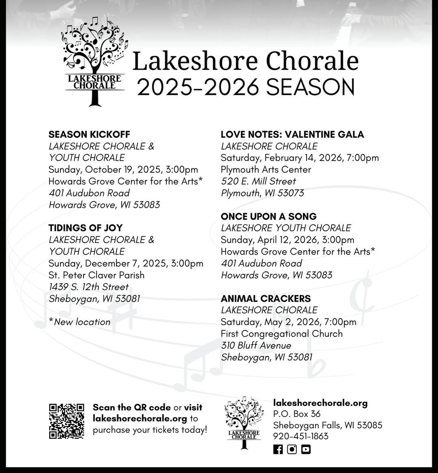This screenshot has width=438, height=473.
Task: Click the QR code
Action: coord(67,421)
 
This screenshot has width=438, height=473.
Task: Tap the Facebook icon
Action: coord(278,449)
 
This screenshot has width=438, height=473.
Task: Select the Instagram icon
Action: coord(292,449)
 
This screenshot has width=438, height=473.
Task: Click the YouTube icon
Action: coord(306,449)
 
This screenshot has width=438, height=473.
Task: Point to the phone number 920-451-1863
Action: coord(301,436)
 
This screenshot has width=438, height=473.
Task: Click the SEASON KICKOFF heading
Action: coord(89,135)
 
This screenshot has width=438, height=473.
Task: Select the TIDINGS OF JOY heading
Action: coord(85,228)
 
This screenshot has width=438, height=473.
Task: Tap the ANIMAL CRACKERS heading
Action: coord(266,299)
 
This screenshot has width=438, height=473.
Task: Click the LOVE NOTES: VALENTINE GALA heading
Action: coord(292,135)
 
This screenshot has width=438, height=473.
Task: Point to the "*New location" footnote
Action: coord(80,322)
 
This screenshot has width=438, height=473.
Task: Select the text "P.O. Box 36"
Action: coord(297,414)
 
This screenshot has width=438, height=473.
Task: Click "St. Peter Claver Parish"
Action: coord(97,275)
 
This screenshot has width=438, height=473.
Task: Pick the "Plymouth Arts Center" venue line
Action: coord(266,170)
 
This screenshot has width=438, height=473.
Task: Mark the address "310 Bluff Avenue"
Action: coord(256,346)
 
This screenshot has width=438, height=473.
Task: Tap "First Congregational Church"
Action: coord(282,334)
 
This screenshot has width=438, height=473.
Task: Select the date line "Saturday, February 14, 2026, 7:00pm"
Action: coord(300,158)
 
